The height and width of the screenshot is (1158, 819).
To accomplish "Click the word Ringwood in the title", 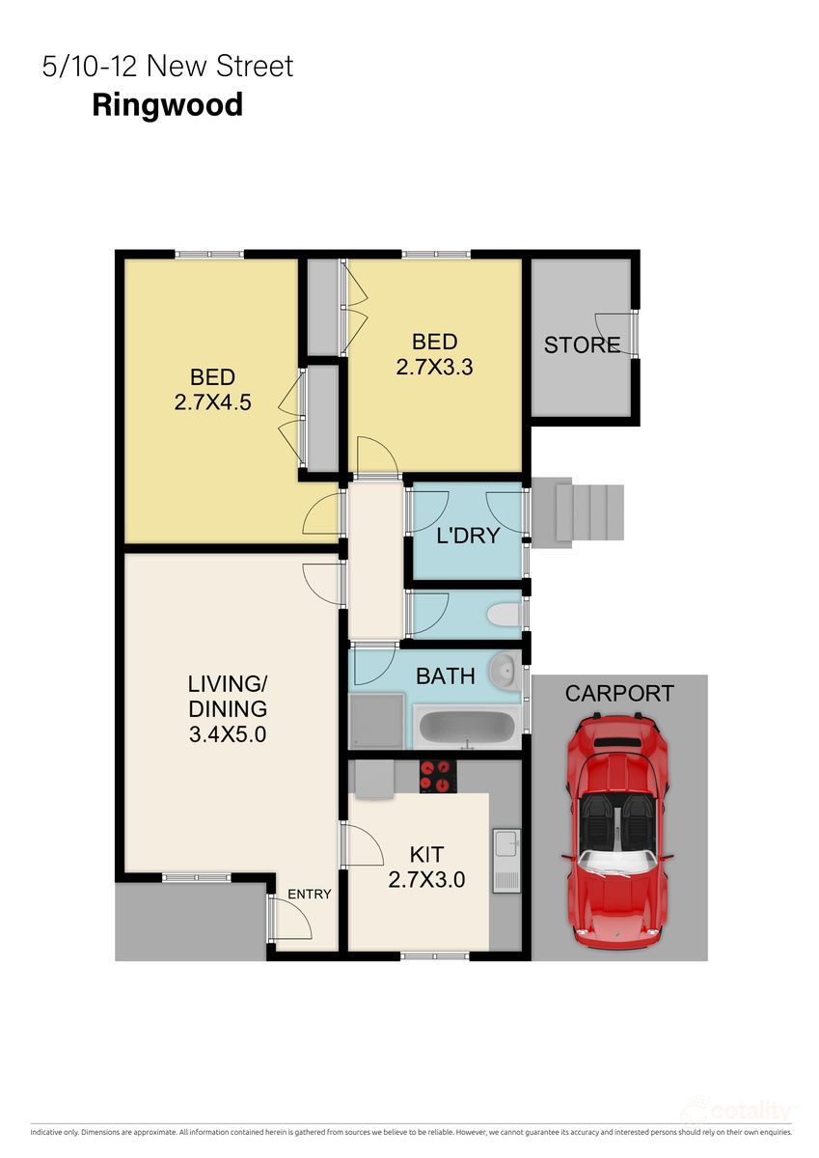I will point(167,104).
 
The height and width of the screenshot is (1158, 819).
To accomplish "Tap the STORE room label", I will point(582,345).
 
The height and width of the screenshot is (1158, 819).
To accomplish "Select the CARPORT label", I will point(618,693).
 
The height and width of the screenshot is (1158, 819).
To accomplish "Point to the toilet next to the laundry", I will point(503,614).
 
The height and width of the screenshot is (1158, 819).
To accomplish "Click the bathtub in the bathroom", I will point(466,727).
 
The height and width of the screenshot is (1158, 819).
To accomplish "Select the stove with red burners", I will point(437,776).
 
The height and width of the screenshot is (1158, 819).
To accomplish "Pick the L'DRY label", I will point(468,536).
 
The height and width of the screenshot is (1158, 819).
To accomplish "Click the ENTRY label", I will point(309,895).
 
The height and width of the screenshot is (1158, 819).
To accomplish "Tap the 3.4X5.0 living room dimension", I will point(227,734).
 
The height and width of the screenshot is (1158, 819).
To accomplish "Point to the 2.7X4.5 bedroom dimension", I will point(212,402).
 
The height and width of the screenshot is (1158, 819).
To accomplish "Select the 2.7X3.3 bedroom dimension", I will point(434,367).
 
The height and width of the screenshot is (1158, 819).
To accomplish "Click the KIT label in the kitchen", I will point(426,854).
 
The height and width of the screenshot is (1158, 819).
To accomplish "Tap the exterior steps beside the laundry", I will point(578,512).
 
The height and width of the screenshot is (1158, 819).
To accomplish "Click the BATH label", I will point(445,676).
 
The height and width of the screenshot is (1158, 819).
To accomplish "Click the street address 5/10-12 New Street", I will point(167,67).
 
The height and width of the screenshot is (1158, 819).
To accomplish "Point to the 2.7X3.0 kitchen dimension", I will point(426,879).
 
